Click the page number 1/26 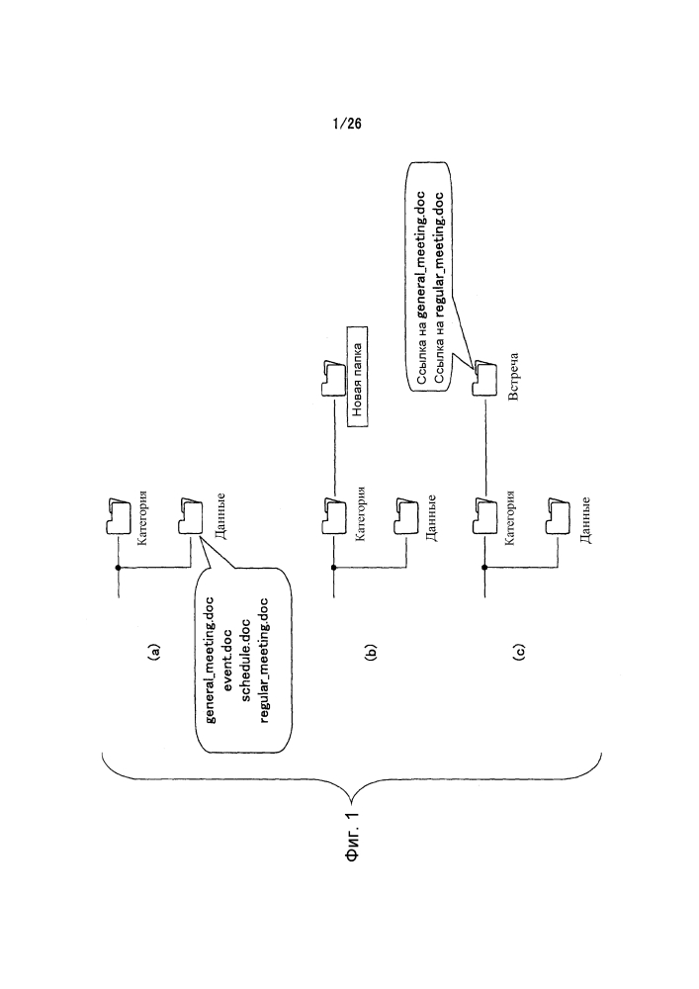[347, 123]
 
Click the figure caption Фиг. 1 [354, 837]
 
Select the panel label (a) [153, 652]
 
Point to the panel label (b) [370, 652]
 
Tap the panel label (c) [519, 652]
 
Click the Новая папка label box [357, 377]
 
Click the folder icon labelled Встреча [485, 378]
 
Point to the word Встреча [513, 377]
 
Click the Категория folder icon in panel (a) [119, 517]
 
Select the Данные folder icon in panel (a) [191, 517]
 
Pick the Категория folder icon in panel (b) [334, 517]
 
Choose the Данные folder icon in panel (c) [558, 517]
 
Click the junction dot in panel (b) [334, 567]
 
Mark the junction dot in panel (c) [484, 567]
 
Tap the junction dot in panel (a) [118, 568]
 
